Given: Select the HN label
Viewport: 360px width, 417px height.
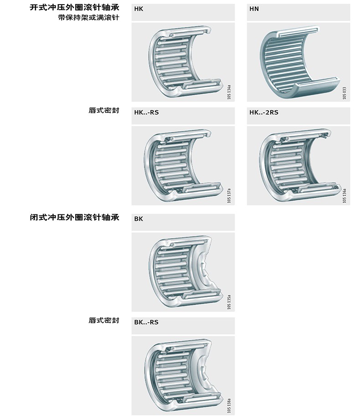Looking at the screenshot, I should click(x=254, y=9).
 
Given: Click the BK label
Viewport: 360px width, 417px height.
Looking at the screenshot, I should click(x=139, y=219).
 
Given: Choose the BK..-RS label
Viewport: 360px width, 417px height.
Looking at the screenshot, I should click(x=147, y=322).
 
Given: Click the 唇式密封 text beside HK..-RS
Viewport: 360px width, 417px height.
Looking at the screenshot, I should click(x=104, y=111).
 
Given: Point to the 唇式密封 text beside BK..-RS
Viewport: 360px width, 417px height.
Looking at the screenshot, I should click(x=104, y=320).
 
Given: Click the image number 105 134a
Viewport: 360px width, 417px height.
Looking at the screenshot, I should click(x=229, y=92).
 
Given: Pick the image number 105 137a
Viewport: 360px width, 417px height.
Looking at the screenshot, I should click(x=229, y=196).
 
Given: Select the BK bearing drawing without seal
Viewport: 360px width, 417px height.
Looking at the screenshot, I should click(x=182, y=272).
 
